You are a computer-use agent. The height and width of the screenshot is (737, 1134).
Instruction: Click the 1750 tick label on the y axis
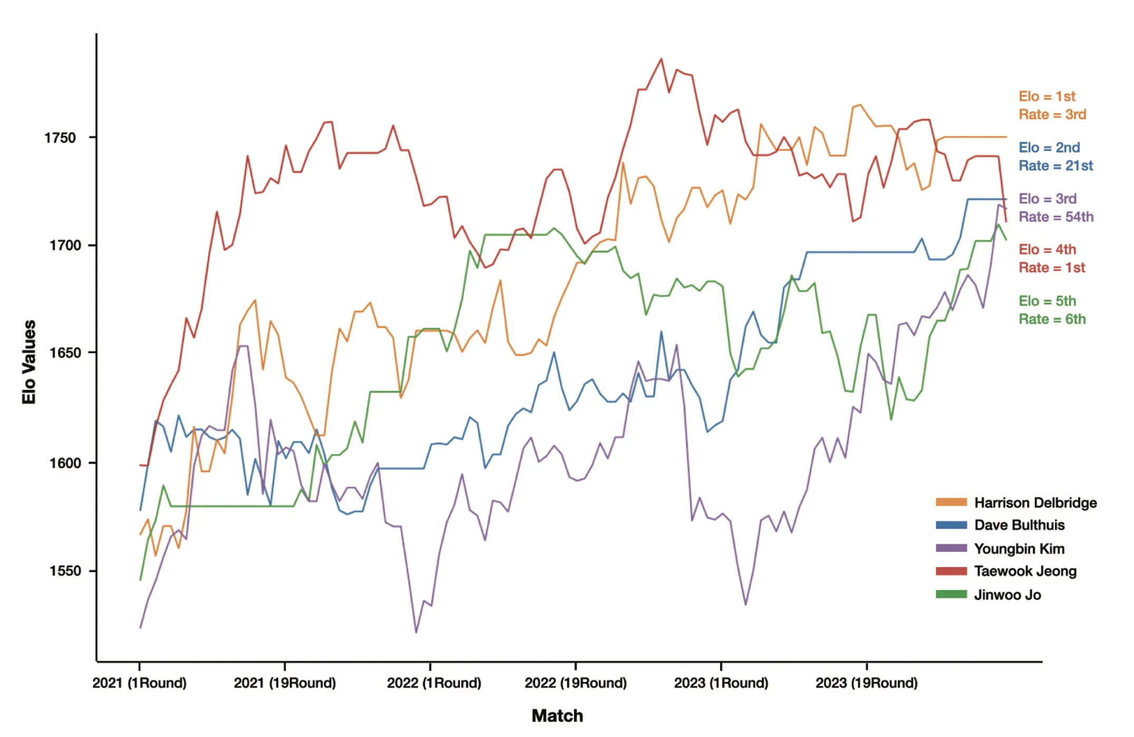60,138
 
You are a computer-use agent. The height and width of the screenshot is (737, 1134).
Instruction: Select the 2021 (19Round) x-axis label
284,683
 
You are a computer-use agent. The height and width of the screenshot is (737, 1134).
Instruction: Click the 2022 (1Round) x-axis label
434,683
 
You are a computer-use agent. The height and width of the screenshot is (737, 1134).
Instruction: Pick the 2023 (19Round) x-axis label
866,683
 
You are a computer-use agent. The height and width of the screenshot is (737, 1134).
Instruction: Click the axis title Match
557,716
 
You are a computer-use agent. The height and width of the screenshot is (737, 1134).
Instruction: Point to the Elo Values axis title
29,362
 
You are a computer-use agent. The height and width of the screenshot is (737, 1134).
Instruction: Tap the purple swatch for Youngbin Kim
951,548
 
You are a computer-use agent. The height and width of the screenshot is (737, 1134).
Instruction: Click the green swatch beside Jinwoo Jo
951,594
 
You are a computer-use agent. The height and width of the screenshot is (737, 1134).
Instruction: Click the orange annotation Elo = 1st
1046,97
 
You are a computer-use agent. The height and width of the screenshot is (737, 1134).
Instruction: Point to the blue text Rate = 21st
1055,166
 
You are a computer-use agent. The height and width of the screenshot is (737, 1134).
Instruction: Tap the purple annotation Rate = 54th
1055,217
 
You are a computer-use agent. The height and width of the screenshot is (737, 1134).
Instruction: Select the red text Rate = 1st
1051,268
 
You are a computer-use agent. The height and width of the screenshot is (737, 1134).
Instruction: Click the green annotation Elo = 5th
1046,301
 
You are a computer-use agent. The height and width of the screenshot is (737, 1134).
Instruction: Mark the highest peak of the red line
661,59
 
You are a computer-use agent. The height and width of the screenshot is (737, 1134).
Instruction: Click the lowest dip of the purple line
416,632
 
